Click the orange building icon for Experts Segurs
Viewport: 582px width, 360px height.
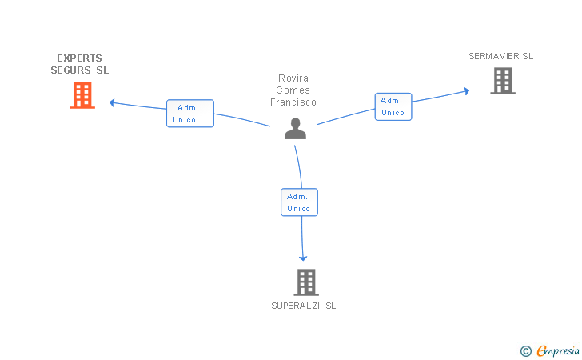click(x=82, y=95)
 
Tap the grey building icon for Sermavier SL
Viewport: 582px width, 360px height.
click(x=503, y=81)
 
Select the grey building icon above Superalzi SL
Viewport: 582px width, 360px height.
click(x=306, y=282)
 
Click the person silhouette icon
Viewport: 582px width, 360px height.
click(x=296, y=129)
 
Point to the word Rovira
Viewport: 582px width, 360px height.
click(x=293, y=78)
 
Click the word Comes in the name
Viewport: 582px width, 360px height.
click(x=293, y=90)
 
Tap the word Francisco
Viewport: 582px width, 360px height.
click(x=293, y=102)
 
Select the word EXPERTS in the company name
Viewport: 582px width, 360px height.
click(x=79, y=58)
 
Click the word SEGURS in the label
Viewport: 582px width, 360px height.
click(x=70, y=70)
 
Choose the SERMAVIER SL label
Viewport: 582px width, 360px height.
click(x=501, y=56)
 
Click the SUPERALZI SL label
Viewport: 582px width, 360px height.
click(x=304, y=306)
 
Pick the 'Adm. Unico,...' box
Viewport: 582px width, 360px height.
click(x=190, y=114)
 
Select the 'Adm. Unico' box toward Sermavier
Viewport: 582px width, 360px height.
click(x=393, y=106)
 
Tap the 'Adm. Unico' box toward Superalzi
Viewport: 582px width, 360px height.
click(x=299, y=202)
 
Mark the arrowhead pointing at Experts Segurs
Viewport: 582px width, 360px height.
click(x=112, y=102)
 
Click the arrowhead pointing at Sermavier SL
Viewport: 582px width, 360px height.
click(x=467, y=91)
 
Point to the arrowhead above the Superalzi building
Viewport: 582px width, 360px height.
click(x=303, y=258)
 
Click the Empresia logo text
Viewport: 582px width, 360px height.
click(x=558, y=350)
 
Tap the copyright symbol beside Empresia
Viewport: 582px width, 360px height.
click(x=526, y=351)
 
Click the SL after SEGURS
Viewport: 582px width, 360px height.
click(x=102, y=70)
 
